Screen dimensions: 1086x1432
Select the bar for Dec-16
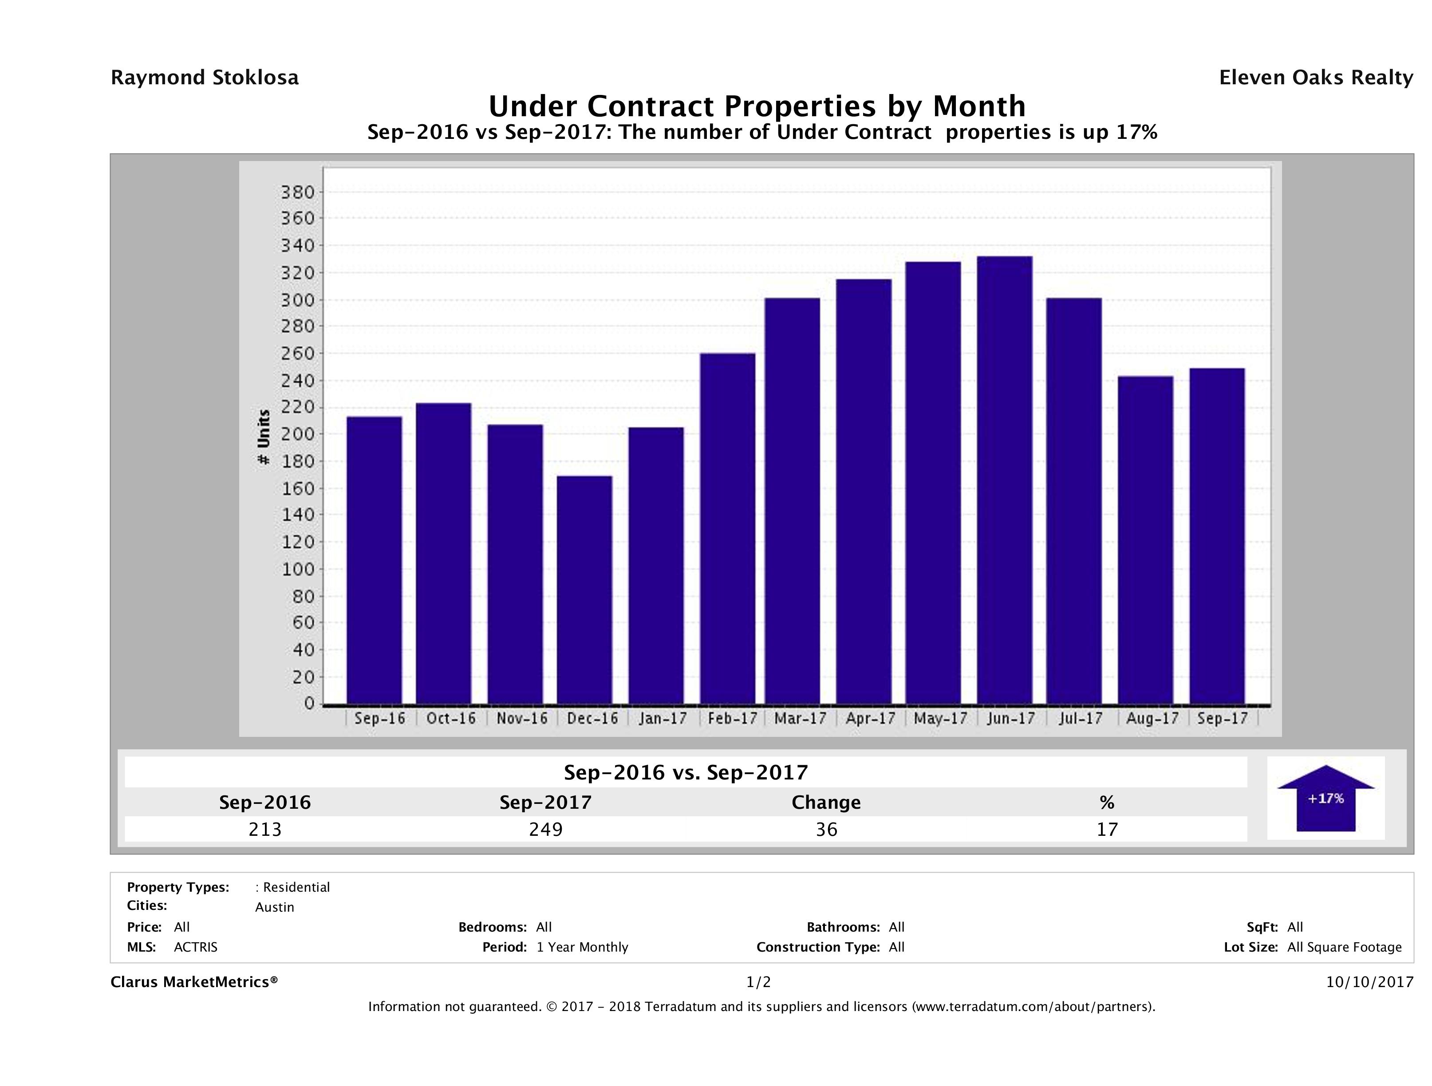pyautogui.click(x=584, y=590)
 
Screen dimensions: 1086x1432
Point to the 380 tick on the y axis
pyautogui.click(x=297, y=192)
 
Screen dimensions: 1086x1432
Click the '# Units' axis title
pyautogui.click(x=264, y=437)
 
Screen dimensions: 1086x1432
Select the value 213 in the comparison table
pyautogui.click(x=265, y=829)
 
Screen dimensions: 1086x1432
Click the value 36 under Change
pyautogui.click(x=826, y=829)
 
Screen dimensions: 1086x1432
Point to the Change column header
pyautogui.click(x=826, y=803)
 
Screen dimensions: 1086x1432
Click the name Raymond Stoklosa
pyautogui.click(x=205, y=78)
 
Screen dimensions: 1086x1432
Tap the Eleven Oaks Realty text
pyautogui.click(x=1315, y=78)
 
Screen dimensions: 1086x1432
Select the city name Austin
pyautogui.click(x=275, y=907)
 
